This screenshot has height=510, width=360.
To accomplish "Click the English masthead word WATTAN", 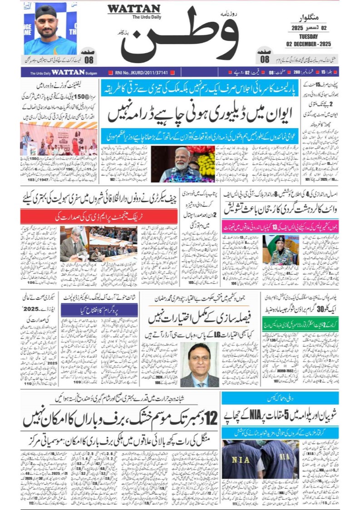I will pyautogui.click(x=134, y=9).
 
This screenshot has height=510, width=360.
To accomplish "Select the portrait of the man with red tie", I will pyautogui.click(x=199, y=363).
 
